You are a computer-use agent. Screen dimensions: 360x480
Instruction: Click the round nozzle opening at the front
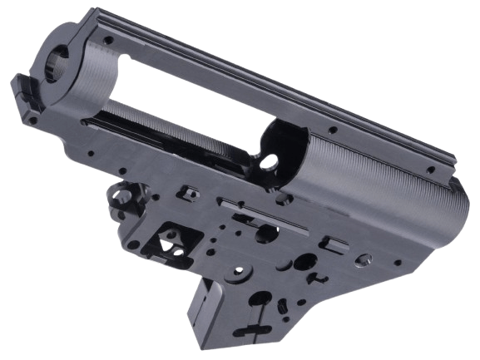click(x=60, y=61)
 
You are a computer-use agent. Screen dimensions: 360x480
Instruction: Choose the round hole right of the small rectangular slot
click(x=362, y=260)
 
